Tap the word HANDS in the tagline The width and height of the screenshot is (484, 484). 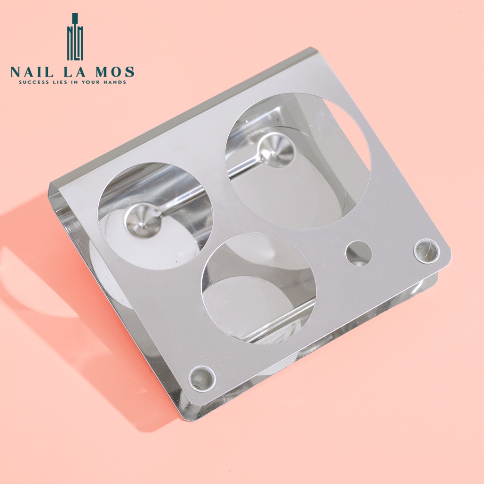point(117,82)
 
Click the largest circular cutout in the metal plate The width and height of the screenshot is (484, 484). point(298,161)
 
